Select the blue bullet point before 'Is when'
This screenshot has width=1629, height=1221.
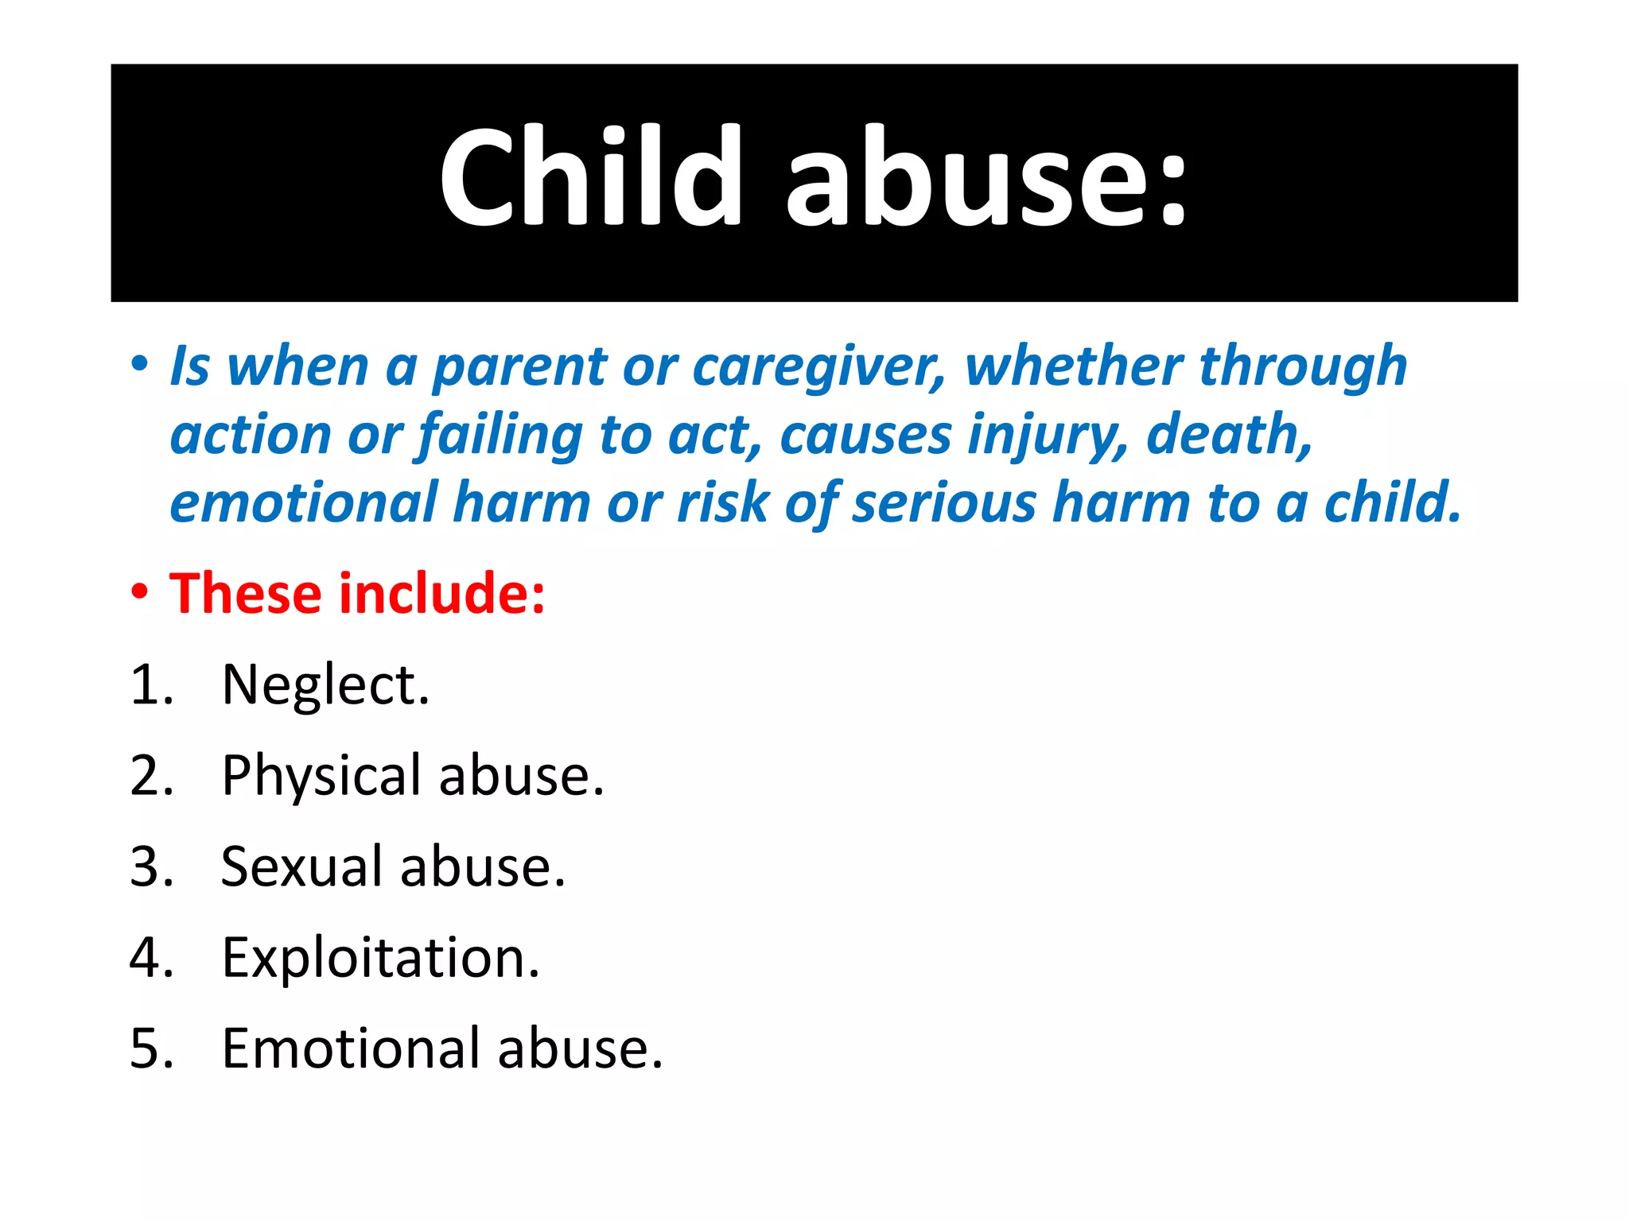click(140, 365)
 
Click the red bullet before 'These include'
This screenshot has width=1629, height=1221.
click(140, 592)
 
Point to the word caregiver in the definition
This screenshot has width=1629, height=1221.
click(819, 367)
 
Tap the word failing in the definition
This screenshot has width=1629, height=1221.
click(500, 436)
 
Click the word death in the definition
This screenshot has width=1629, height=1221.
click(1229, 435)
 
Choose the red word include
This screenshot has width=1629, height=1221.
click(442, 594)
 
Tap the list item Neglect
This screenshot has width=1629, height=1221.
click(325, 685)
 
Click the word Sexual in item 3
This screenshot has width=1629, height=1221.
click(301, 866)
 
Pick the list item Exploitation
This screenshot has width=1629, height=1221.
click(380, 958)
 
